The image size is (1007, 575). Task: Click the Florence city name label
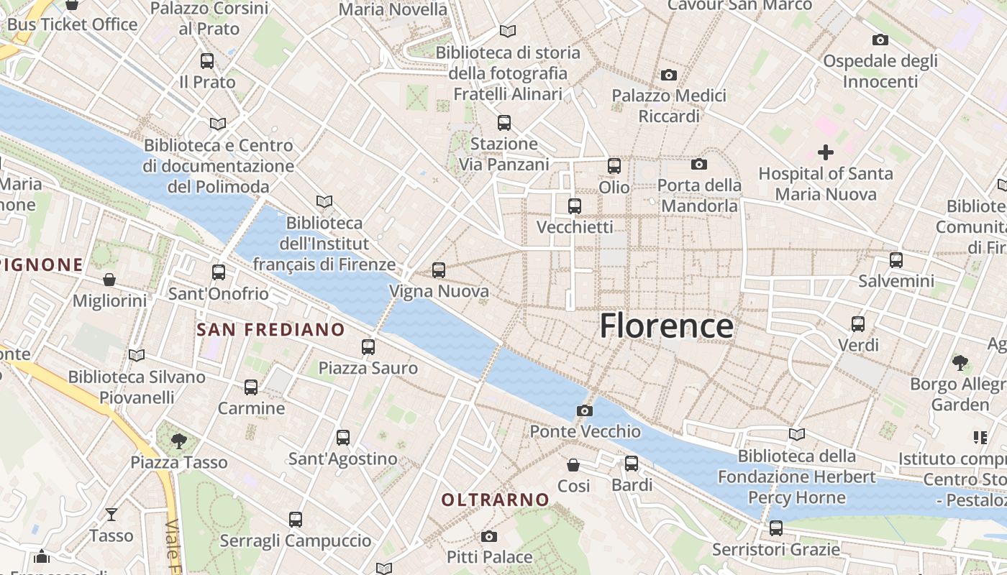click(x=666, y=326)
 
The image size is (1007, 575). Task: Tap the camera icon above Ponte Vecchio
click(x=585, y=410)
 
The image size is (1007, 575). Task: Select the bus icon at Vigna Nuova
click(x=439, y=270)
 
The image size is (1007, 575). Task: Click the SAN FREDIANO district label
click(x=270, y=330)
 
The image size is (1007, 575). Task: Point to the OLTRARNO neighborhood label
click(x=495, y=500)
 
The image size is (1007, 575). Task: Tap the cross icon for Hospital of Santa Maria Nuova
click(x=826, y=152)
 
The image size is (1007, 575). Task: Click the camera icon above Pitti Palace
click(x=489, y=536)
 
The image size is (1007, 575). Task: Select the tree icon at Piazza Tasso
click(x=179, y=441)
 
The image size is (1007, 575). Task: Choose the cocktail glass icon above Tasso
click(x=111, y=514)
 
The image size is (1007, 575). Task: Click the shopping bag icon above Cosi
click(x=573, y=465)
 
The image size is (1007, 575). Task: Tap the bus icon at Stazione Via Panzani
click(x=504, y=122)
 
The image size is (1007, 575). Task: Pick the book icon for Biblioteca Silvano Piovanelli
click(x=137, y=355)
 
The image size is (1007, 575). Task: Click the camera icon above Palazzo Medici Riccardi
click(x=669, y=75)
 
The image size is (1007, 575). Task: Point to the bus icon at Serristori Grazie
click(x=776, y=528)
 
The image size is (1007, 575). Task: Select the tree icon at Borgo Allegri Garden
click(x=960, y=362)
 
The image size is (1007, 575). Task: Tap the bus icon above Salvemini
click(x=896, y=259)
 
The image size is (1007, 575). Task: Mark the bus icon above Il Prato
click(x=207, y=61)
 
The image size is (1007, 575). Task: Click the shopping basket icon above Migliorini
click(x=109, y=279)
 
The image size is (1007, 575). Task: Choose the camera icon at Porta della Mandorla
click(x=699, y=164)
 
